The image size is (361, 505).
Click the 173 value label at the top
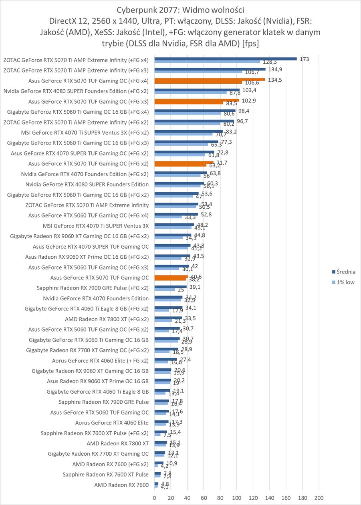305,59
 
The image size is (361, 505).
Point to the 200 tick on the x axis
319,498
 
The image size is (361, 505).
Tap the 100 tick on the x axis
236,498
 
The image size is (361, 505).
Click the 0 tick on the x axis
154,498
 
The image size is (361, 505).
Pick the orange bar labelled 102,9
196,100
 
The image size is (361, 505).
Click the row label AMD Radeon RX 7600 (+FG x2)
110,465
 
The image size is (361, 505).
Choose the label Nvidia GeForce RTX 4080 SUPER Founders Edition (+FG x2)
76,91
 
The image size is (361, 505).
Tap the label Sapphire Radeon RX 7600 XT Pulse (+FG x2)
95,433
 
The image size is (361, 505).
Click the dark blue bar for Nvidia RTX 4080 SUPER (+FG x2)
197,90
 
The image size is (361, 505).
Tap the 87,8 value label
233,93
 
